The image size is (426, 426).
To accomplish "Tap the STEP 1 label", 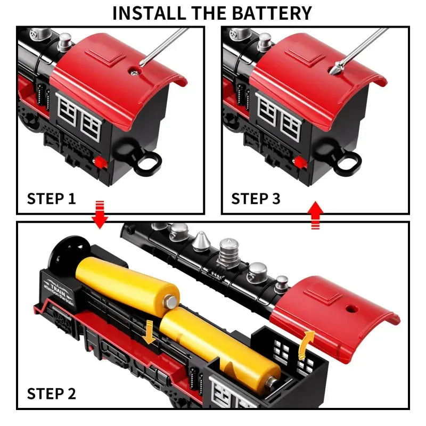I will coord(51,199).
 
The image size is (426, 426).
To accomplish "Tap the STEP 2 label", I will coord(51,394).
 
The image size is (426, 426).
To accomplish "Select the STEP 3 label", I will coord(256,199).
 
